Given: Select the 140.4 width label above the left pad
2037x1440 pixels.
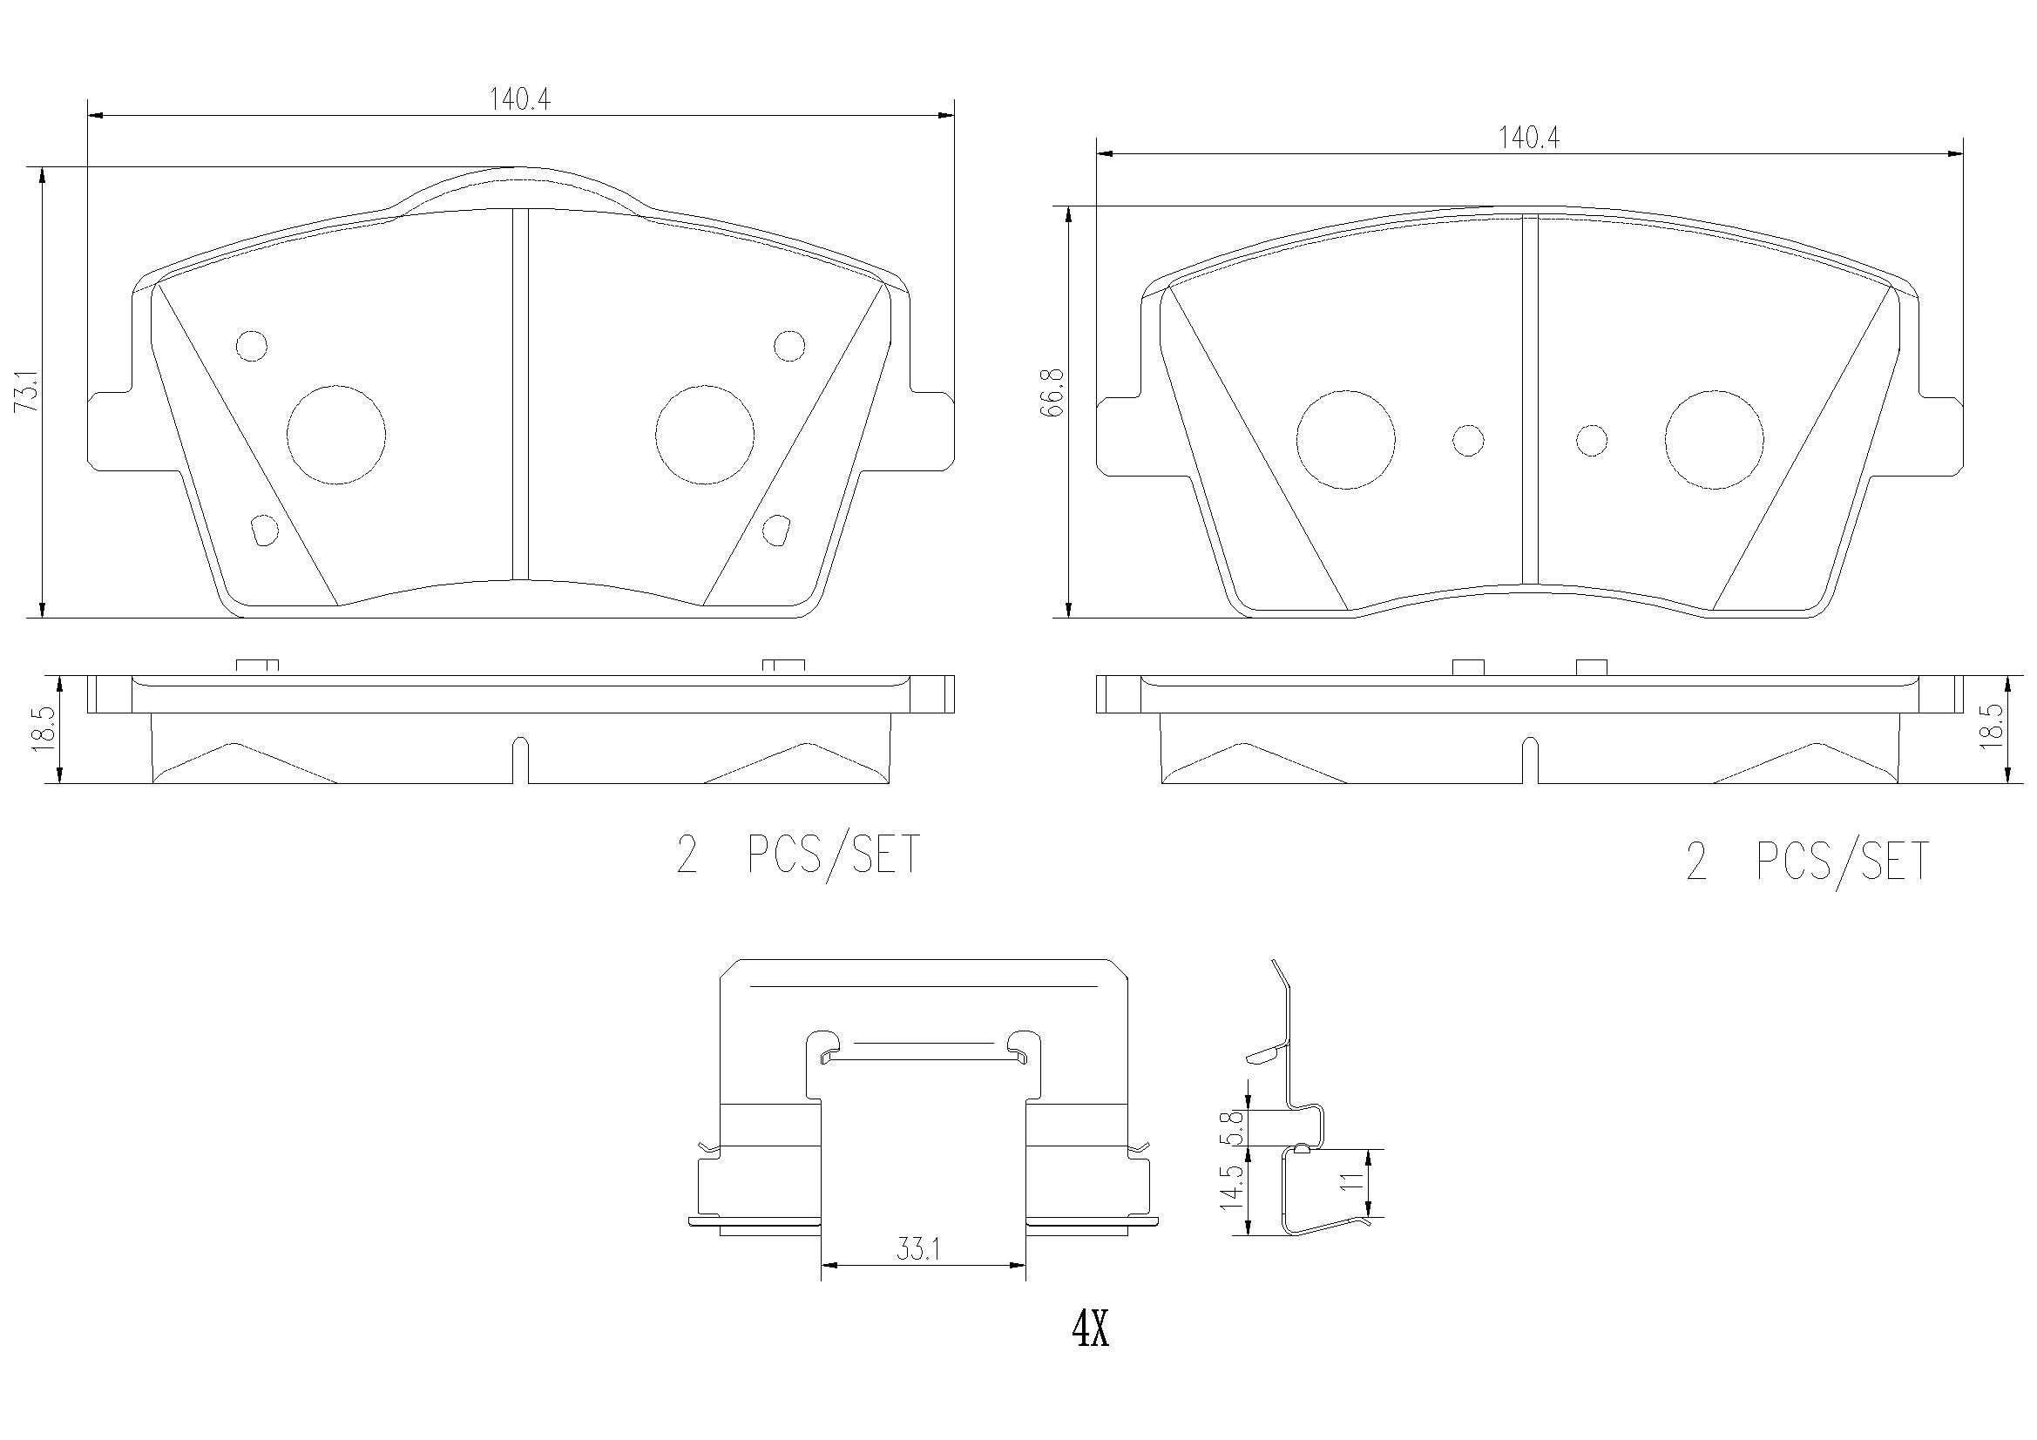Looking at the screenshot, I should pyautogui.click(x=520, y=100).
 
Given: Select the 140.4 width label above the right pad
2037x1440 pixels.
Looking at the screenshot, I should pyautogui.click(x=1529, y=139).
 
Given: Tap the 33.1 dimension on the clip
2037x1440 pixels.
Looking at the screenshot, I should pyautogui.click(x=917, y=1251).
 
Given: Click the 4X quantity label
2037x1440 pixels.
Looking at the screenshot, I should pyautogui.click(x=1090, y=1355).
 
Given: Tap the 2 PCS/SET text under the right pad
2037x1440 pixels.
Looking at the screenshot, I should pyautogui.click(x=1807, y=862).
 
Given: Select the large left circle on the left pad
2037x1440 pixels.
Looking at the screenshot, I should pyautogui.click(x=336, y=436).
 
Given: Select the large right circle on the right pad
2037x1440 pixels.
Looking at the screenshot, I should pyautogui.click(x=1714, y=440).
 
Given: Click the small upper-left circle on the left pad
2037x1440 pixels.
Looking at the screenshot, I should pyautogui.click(x=252, y=346).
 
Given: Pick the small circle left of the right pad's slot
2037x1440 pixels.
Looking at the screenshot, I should pyautogui.click(x=1468, y=440).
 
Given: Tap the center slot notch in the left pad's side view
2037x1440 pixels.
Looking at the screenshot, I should pyautogui.click(x=521, y=759).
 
